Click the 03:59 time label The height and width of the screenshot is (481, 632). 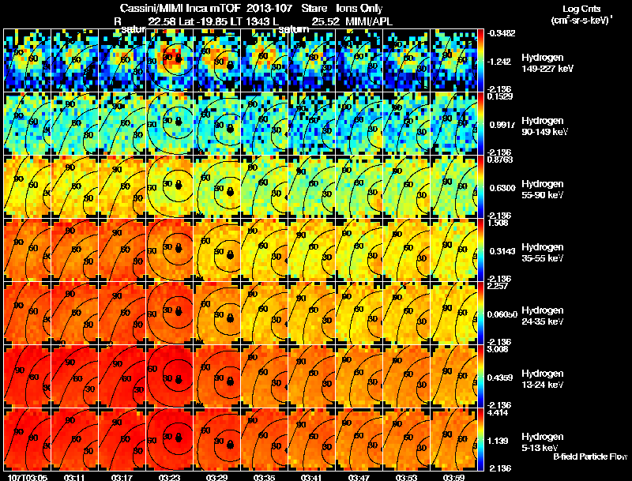pos(453,476)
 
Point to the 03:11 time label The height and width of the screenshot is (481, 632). pos(77,476)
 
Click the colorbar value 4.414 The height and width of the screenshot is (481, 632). pos(498,412)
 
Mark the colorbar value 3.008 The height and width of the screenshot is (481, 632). pos(498,349)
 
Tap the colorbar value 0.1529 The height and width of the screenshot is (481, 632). pos(498,96)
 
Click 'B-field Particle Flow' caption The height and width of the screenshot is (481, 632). pos(589,457)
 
